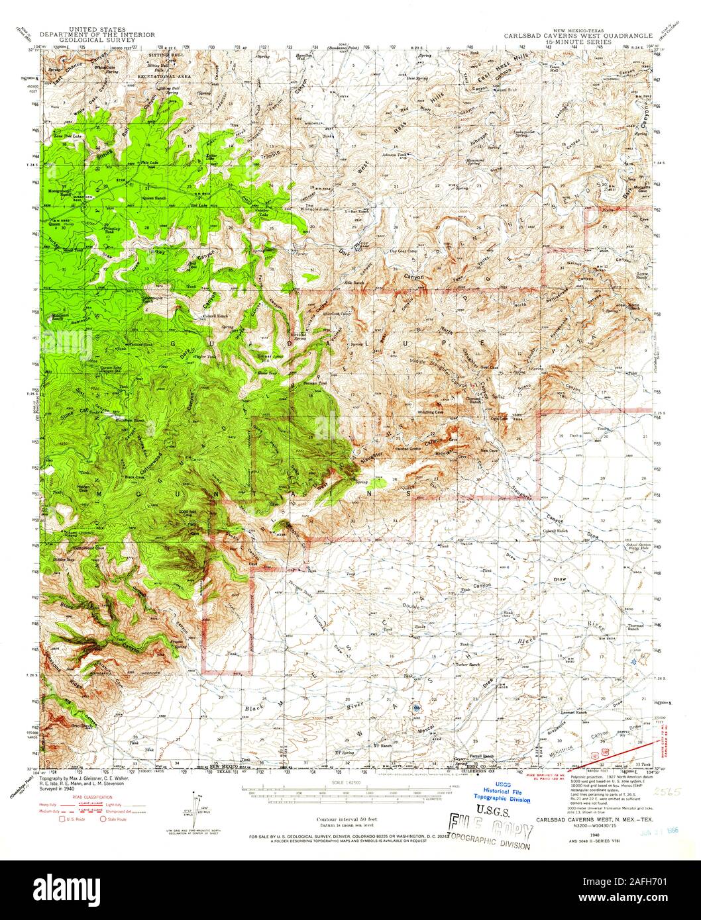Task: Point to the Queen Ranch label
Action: click(x=154, y=197)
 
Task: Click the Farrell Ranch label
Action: click(x=482, y=756)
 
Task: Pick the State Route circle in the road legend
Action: click(x=103, y=819)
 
